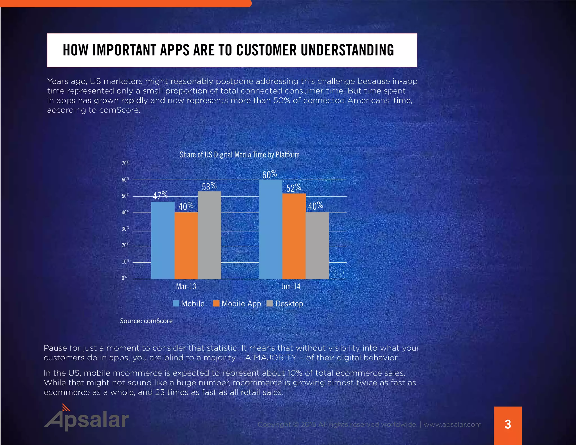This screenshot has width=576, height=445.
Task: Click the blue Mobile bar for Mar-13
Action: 163,241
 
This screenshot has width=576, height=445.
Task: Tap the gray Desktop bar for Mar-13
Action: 210,235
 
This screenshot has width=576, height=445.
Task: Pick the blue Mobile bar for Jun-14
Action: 271,230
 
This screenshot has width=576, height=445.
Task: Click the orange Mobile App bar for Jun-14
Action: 294,236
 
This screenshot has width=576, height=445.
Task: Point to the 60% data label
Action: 270,175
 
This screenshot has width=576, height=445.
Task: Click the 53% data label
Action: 209,186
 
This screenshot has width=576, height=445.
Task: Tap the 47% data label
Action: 160,195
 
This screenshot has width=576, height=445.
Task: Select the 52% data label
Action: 294,188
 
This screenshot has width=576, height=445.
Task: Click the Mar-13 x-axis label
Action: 186,286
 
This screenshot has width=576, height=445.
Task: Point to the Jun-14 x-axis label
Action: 291,286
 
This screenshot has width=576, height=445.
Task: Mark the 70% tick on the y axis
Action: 125,163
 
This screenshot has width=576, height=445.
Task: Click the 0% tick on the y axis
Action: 124,278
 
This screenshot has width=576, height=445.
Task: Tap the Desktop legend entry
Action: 285,304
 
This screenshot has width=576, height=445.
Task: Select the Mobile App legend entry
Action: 237,304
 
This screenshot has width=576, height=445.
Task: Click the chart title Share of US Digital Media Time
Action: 240,155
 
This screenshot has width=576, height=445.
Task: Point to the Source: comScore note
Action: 146,321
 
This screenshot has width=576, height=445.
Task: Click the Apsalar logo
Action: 86,418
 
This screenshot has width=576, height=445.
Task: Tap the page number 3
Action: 508,424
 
